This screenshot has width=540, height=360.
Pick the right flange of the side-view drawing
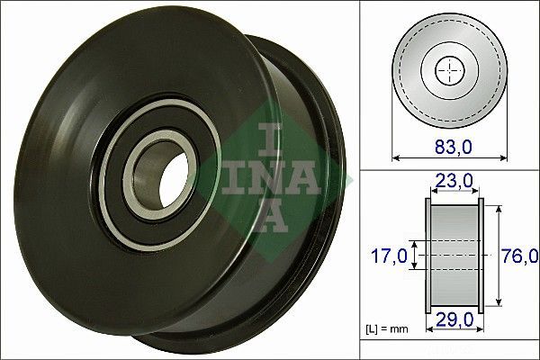tap(480, 255)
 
